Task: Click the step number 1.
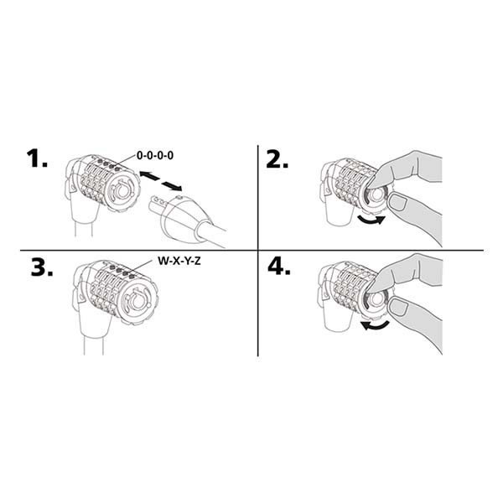click(x=37, y=158)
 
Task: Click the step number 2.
click(x=277, y=158)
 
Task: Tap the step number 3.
click(x=42, y=267)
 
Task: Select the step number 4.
click(x=279, y=267)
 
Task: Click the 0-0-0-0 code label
click(x=155, y=156)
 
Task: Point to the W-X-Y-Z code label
click(x=179, y=261)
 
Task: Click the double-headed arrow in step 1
click(x=161, y=181)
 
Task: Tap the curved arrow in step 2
click(x=371, y=220)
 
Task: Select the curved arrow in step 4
click(x=375, y=326)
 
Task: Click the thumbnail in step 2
click(x=397, y=202)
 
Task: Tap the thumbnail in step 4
click(x=398, y=306)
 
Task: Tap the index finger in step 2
click(x=401, y=170)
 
